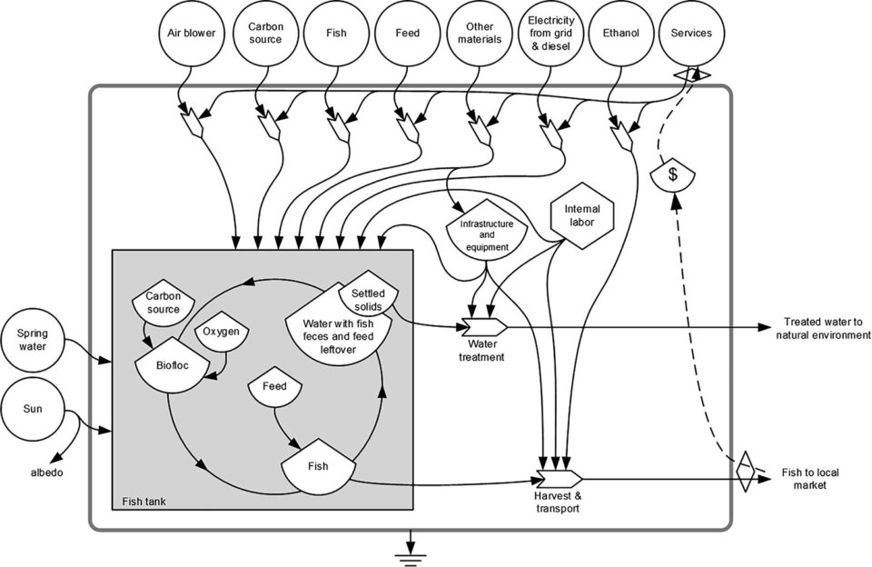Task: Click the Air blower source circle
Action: [x=191, y=34]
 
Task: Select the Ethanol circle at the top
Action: [x=621, y=34]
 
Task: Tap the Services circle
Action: [x=691, y=34]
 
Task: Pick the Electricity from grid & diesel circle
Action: [x=549, y=34]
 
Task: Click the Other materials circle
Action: [x=479, y=34]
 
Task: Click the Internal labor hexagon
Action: [x=582, y=215]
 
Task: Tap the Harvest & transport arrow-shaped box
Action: [x=557, y=479]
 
